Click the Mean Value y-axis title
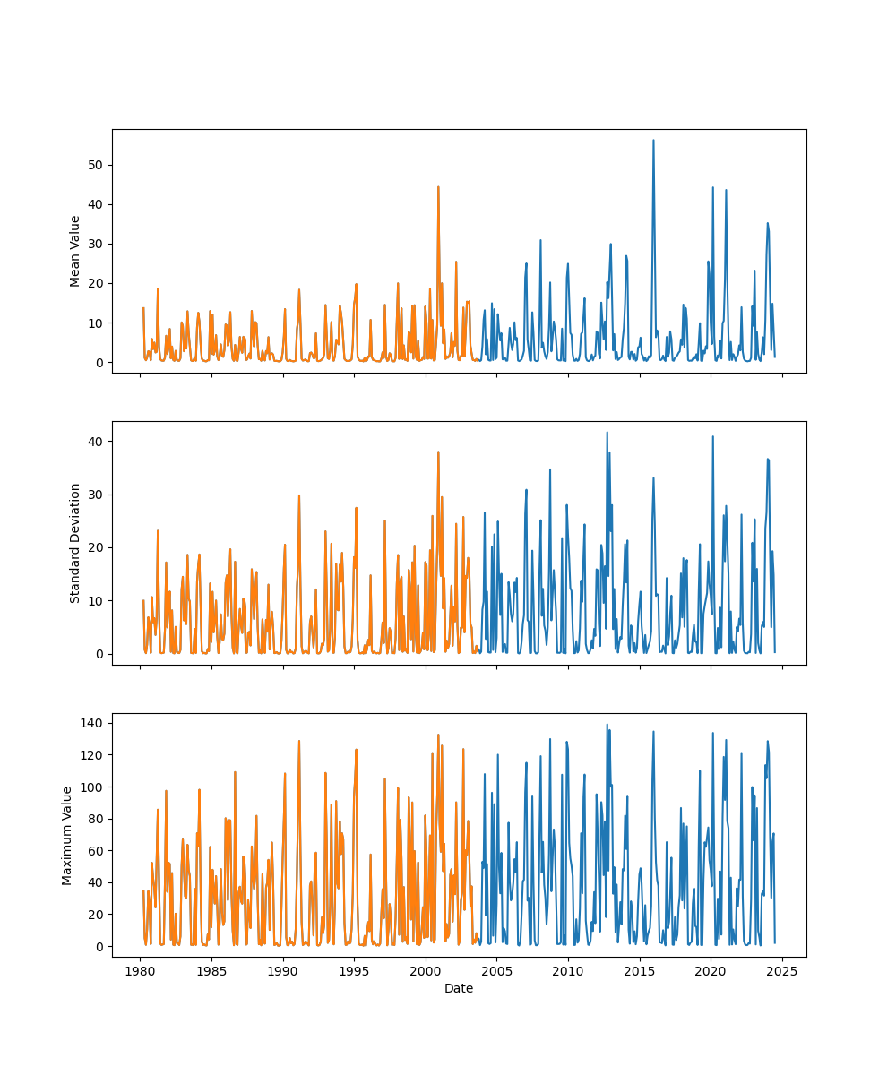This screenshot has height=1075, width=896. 75,251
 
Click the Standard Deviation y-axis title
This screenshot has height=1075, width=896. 75,543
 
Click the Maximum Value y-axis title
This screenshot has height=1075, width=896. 67,835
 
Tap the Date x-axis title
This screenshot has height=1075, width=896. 459,988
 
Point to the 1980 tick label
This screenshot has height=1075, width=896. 140,971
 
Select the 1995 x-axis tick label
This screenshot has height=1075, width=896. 354,971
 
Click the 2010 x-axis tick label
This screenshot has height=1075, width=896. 568,971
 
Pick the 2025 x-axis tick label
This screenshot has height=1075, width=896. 782,971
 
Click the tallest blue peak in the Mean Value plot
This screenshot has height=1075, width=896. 653,141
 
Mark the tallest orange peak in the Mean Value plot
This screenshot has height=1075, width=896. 438,187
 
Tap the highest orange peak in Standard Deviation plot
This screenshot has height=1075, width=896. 438,452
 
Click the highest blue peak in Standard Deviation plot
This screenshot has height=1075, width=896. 607,433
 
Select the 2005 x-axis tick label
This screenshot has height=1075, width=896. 496,971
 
